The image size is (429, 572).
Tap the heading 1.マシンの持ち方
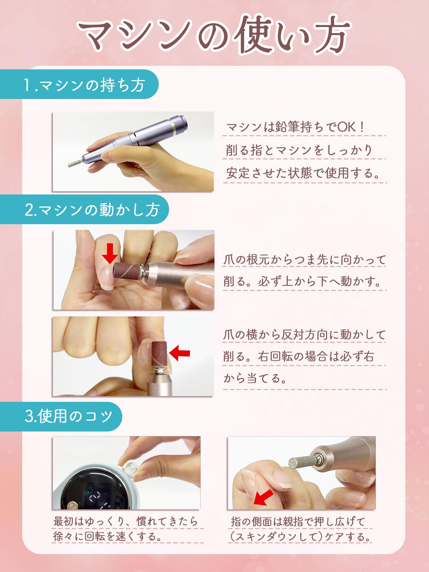(84, 85)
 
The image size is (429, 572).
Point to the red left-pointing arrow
(179, 353)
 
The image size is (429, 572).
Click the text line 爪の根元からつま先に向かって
(304, 260)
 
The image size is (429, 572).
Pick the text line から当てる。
(255, 378)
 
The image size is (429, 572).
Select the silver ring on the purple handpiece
(172, 127)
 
